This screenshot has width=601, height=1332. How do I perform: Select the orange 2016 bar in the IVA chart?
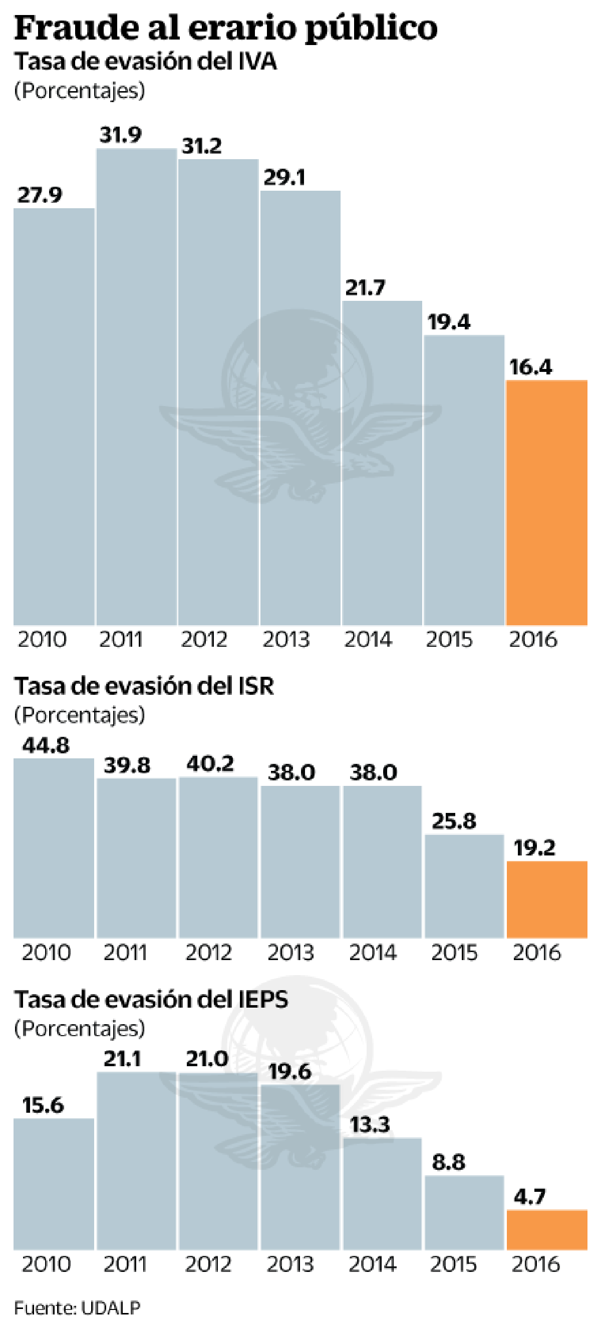(546, 503)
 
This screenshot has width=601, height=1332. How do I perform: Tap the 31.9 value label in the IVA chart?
(121, 135)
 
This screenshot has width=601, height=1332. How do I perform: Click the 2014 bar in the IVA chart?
(382, 463)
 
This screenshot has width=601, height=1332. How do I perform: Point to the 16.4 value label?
(530, 367)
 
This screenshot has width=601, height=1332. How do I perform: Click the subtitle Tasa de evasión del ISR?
(144, 686)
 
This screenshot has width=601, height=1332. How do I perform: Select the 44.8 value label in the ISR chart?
(46, 746)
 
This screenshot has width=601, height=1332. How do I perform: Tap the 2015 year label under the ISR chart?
(454, 953)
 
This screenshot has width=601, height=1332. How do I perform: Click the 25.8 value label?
(454, 821)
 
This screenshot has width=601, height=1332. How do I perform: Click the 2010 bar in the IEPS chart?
(54, 1184)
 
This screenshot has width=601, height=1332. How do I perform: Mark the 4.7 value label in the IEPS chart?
(529, 1196)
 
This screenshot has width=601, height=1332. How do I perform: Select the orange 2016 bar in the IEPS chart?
(546, 1229)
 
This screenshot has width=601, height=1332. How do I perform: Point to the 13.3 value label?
(369, 1125)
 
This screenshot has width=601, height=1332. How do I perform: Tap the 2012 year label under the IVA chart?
(204, 640)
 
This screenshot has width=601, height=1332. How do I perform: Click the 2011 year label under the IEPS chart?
(125, 1264)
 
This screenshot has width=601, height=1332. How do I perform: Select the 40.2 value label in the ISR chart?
(210, 764)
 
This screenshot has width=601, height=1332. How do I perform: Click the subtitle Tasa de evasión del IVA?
(145, 62)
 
